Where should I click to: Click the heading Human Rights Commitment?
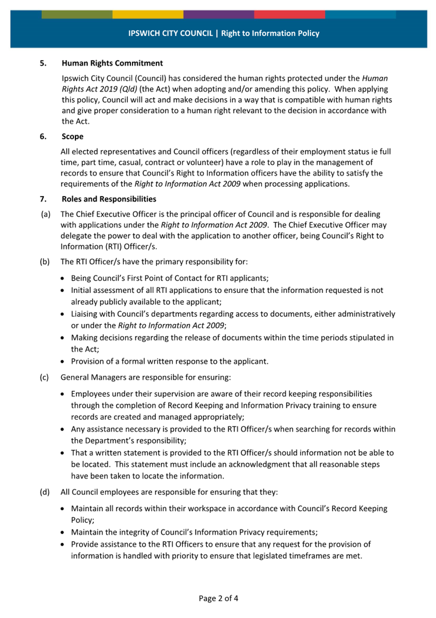click(x=112, y=63)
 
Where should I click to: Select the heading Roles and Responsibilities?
click(x=108, y=199)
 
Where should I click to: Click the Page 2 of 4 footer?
click(x=218, y=599)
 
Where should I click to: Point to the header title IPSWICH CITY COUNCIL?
click(x=171, y=34)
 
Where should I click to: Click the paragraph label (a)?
click(x=45, y=214)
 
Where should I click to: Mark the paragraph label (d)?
click(x=45, y=492)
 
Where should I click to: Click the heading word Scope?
click(x=72, y=137)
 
